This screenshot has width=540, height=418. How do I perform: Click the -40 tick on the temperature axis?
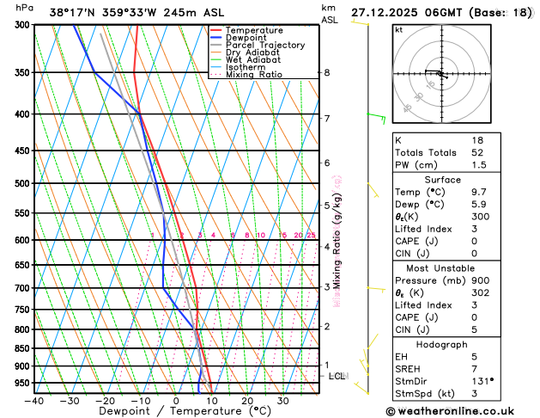click(34, 400)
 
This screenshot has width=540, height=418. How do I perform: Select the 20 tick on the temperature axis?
click(247, 400)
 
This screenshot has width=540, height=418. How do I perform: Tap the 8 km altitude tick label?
click(327, 73)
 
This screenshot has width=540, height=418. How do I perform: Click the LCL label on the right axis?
click(337, 376)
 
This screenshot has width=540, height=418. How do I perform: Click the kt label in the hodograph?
click(398, 29)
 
